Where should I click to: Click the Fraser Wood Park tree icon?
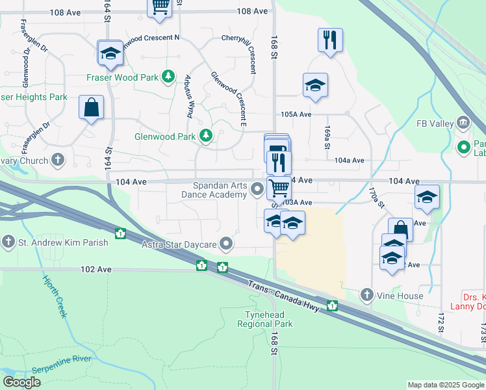[169, 77]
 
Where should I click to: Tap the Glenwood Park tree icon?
[207, 136]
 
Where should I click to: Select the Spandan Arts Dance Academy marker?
[257, 190]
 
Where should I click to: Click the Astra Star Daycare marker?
[226, 244]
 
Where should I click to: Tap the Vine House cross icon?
[367, 296]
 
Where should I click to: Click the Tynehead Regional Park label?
[268, 319]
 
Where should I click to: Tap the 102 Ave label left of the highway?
[92, 269]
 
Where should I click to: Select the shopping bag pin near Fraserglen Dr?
[92, 107]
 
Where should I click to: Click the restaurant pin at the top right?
[330, 40]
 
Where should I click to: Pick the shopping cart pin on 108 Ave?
[160, 6]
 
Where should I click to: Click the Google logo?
[21, 382]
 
